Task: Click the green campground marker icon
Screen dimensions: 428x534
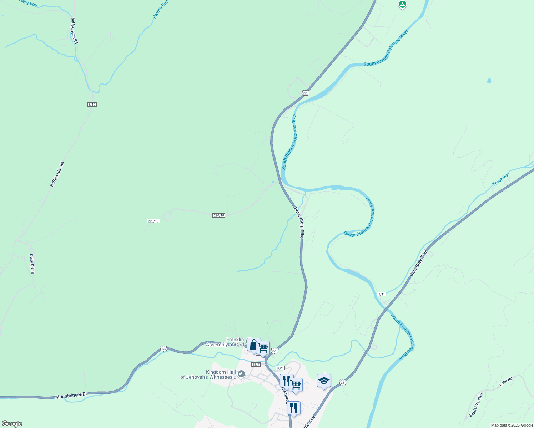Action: (403, 5)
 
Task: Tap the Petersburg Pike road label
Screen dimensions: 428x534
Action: (299, 223)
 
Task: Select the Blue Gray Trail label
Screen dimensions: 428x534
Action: (419, 263)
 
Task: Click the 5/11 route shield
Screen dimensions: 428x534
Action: (382, 294)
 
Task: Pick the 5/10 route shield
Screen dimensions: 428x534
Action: (92, 105)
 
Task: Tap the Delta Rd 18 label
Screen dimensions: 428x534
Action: (32, 264)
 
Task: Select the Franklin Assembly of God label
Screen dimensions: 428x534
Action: (225, 342)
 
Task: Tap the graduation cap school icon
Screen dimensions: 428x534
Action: (324, 381)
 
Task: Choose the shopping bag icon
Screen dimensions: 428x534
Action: (253, 345)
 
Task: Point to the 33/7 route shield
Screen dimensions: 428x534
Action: (256, 365)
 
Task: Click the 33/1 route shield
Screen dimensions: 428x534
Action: (280, 368)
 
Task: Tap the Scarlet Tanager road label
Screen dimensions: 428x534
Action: (476, 404)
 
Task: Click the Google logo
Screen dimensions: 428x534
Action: (12, 424)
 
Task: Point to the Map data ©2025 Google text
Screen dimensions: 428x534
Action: (512, 425)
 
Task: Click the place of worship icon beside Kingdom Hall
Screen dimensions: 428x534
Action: (241, 374)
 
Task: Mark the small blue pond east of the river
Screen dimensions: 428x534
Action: (489, 81)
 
